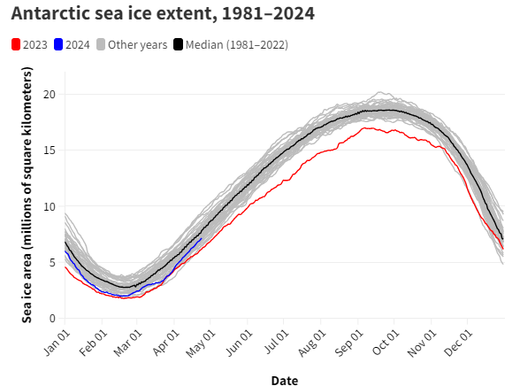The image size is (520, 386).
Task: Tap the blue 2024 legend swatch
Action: click(x=59, y=44)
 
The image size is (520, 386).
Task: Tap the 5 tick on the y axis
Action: click(x=52, y=262)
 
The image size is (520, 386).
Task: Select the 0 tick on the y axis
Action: click(x=52, y=318)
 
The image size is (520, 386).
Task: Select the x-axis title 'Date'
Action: click(x=284, y=380)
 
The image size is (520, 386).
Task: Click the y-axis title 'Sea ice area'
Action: click(x=27, y=205)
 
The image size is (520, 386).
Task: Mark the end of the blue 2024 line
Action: click(x=202, y=238)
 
